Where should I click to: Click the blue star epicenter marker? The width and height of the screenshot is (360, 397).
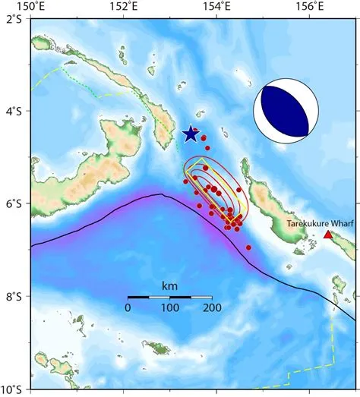[191, 134]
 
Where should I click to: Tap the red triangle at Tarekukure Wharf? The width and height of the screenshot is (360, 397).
[327, 235]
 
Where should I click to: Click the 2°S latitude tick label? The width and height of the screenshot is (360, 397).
[13, 19]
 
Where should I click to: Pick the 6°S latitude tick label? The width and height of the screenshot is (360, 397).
[13, 204]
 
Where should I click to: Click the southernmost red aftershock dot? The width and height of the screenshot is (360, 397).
[248, 247]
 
